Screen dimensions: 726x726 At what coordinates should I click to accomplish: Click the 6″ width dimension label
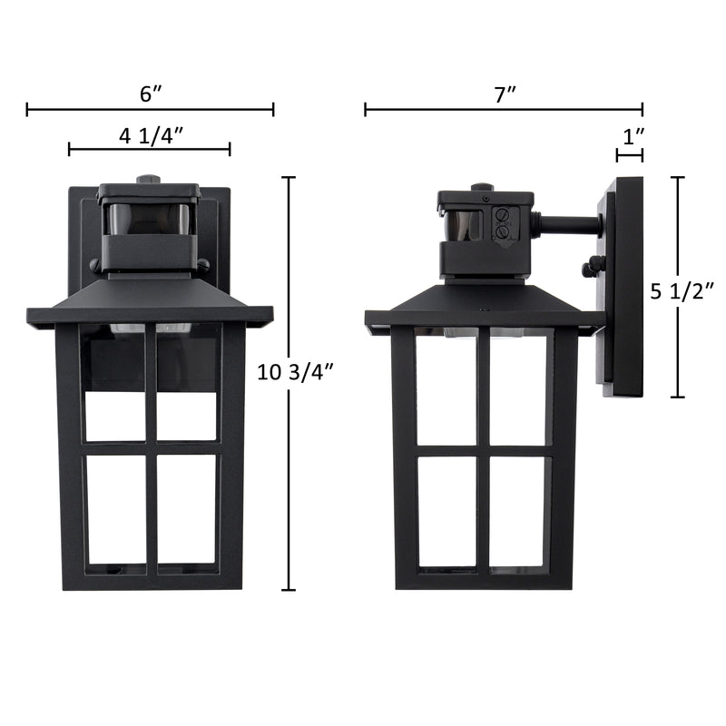[151, 94]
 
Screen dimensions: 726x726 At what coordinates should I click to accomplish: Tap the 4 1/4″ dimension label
[152, 136]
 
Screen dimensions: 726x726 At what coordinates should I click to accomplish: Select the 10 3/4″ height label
[296, 372]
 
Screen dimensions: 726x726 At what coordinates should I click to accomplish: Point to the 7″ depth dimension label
[505, 94]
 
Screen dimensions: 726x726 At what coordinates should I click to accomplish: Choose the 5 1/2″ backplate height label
[682, 292]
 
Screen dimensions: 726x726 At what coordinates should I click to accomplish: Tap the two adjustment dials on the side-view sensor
[501, 223]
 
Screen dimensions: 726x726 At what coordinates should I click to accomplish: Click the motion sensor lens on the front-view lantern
[149, 218]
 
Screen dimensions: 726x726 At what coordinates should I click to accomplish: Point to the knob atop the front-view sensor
[149, 180]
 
